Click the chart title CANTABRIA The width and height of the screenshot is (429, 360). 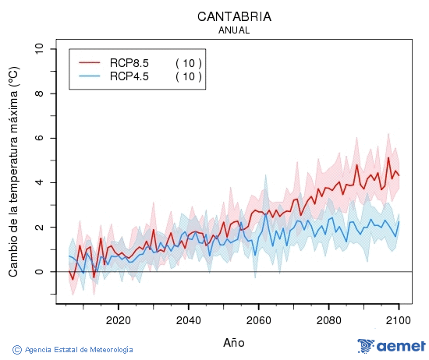234,16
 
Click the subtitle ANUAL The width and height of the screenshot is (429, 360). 234,30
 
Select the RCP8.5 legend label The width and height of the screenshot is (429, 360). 129,63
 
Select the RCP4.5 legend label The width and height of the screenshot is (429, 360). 129,76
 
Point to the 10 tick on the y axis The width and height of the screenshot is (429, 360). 38,49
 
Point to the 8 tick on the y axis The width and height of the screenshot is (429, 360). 38,94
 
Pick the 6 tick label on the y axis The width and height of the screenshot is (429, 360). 38,138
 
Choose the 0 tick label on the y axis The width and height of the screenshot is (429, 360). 38,272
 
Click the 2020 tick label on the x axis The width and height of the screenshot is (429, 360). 118,320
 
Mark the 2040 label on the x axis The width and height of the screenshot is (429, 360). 188,320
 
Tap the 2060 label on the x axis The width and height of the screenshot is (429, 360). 258,320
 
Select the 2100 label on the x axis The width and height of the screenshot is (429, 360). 399,320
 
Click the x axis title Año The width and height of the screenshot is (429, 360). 234,342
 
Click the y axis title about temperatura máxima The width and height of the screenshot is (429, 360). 13,171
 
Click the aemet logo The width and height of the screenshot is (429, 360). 391,346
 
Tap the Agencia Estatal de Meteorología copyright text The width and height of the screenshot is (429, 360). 73,350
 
